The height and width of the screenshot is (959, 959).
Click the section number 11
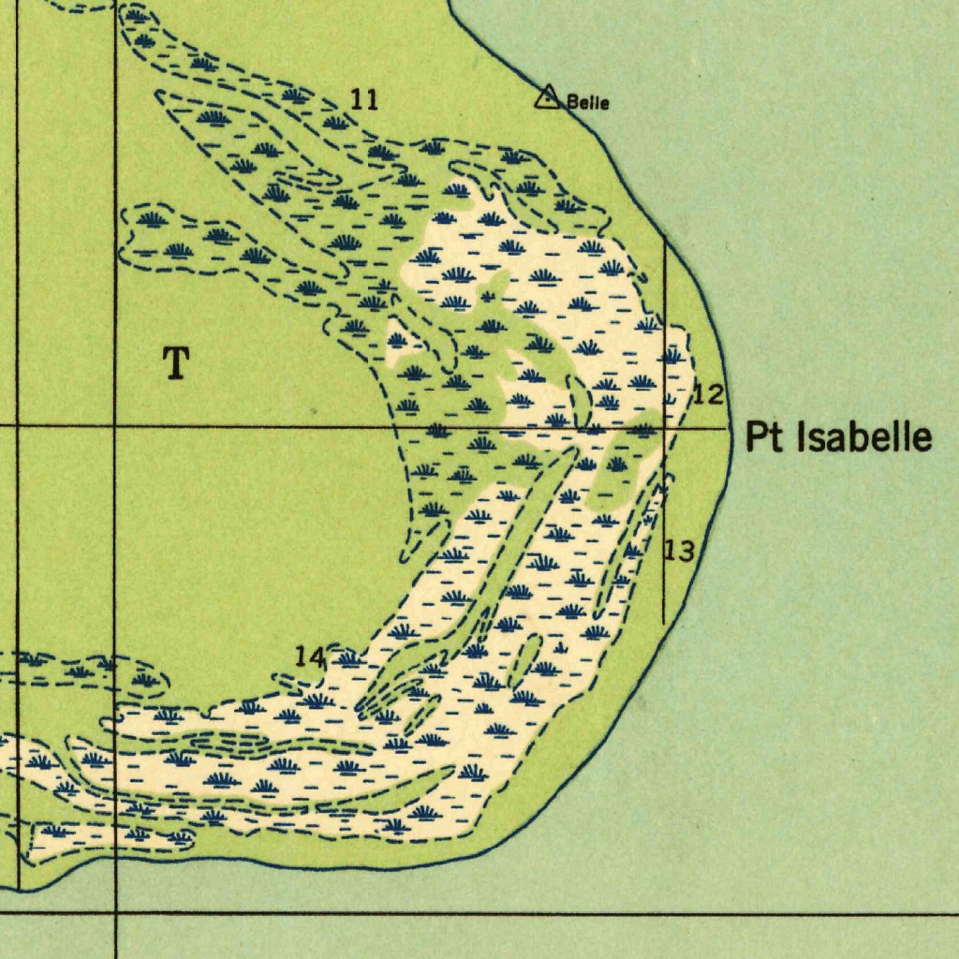[x=364, y=98]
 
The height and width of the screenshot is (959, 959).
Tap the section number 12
[x=708, y=395]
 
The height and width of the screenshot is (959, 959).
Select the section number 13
[x=679, y=551]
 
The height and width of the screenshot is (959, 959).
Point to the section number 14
[x=310, y=657]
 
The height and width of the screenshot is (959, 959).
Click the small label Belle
[x=588, y=103]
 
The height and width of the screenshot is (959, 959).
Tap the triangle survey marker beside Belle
[x=547, y=96]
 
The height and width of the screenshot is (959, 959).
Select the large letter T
[x=176, y=362]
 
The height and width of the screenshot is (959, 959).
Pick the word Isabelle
[x=864, y=437]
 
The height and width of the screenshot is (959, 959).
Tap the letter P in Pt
[x=757, y=437]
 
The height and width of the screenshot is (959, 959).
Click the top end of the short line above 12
[x=664, y=235]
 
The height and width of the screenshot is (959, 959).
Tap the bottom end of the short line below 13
[x=664, y=624]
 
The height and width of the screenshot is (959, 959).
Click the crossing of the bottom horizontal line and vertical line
[x=115, y=911]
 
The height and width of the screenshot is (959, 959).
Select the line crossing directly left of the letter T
[x=115, y=426]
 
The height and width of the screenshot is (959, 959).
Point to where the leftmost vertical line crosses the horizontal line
[x=18, y=426]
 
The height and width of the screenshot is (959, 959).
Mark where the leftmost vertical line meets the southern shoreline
[x=18, y=888]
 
